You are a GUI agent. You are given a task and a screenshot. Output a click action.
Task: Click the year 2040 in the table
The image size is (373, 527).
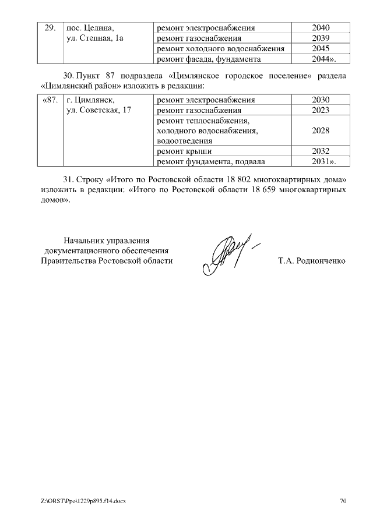pyautogui.click(x=321, y=27)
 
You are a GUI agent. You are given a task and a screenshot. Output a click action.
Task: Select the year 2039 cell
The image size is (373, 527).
pyautogui.click(x=321, y=38)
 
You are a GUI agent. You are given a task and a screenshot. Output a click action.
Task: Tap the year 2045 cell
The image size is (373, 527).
pyautogui.click(x=321, y=48)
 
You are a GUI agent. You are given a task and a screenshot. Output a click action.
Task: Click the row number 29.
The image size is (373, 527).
pyautogui.click(x=50, y=27)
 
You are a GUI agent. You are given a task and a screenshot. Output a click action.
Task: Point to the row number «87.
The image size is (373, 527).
pyautogui.click(x=50, y=100)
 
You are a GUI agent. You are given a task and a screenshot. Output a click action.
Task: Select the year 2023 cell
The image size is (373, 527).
pyautogui.click(x=321, y=110)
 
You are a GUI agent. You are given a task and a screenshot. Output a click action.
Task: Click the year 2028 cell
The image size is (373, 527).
pyautogui.click(x=321, y=130)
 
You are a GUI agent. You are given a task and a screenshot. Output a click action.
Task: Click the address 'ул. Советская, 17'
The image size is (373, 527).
pyautogui.click(x=98, y=110)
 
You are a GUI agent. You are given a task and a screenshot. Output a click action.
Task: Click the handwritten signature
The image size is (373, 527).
pyautogui.click(x=228, y=254)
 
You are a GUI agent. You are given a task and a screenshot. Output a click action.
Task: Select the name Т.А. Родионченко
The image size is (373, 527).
pyautogui.click(x=312, y=261)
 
